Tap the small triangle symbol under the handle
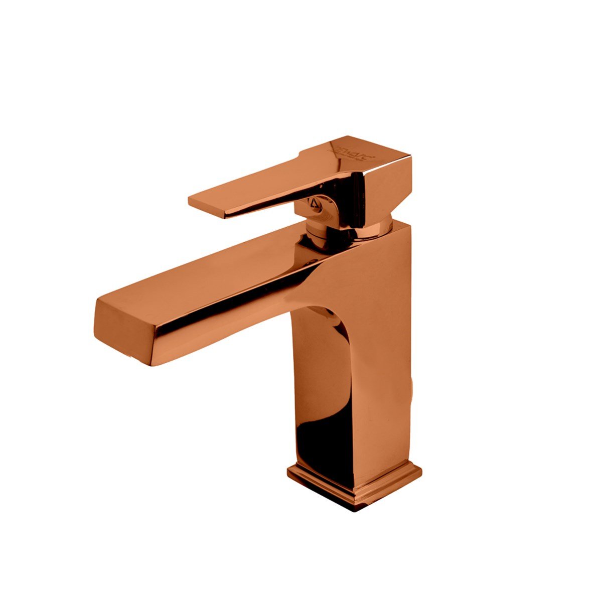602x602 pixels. click(x=315, y=203)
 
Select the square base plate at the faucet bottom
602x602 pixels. click(x=354, y=482)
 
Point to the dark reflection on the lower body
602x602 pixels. click(x=321, y=441)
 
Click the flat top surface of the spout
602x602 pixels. click(x=211, y=271)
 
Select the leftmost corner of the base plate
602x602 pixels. click(x=288, y=472)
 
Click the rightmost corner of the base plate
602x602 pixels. click(x=421, y=471)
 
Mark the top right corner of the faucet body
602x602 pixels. click(x=411, y=224)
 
